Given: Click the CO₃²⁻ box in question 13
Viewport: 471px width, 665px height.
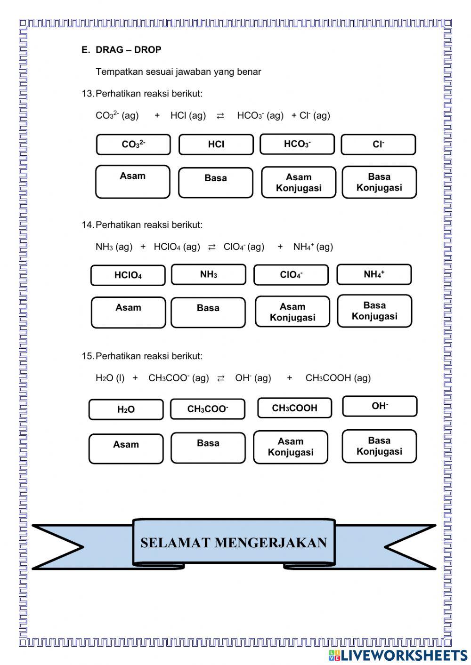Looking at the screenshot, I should pyautogui.click(x=133, y=144).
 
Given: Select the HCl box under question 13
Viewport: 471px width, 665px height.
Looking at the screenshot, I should pyautogui.click(x=216, y=144).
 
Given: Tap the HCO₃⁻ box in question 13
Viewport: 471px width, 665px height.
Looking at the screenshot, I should pyautogui.click(x=297, y=144).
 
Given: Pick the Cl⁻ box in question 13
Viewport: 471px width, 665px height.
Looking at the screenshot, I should pyautogui.click(x=378, y=144).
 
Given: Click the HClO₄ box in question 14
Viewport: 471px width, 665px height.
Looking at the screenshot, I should pyautogui.click(x=128, y=275).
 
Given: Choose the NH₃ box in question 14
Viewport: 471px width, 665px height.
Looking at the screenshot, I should pyautogui.click(x=209, y=274).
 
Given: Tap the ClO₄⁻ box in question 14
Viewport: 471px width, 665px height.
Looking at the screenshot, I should pyautogui.click(x=291, y=275).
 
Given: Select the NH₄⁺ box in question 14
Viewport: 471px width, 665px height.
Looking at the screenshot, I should pyautogui.click(x=374, y=274).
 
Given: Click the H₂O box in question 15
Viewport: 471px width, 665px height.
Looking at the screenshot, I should pyautogui.click(x=126, y=409).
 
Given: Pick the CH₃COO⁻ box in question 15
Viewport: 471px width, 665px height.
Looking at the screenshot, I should pyautogui.click(x=208, y=409).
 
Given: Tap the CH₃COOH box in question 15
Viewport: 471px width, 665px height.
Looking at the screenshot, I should pyautogui.click(x=295, y=408).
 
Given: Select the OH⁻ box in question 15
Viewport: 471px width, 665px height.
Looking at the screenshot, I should pyautogui.click(x=380, y=406).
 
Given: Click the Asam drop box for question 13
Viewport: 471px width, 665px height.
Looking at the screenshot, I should pyautogui.click(x=133, y=182).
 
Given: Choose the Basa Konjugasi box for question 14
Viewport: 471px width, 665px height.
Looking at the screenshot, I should pyautogui.click(x=374, y=311).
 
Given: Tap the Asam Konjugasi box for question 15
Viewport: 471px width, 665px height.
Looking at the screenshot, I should pyautogui.click(x=291, y=447).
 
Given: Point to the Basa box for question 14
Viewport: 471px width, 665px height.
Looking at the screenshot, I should pyautogui.click(x=208, y=312).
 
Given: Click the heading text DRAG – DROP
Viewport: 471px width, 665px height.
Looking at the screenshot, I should pyautogui.click(x=128, y=50).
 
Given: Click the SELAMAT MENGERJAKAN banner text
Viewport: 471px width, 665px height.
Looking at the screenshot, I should pyautogui.click(x=234, y=543).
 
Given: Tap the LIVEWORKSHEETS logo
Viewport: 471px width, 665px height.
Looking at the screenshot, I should pyautogui.click(x=398, y=655).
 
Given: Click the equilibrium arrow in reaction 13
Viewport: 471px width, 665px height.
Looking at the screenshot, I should pyautogui.click(x=220, y=116).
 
